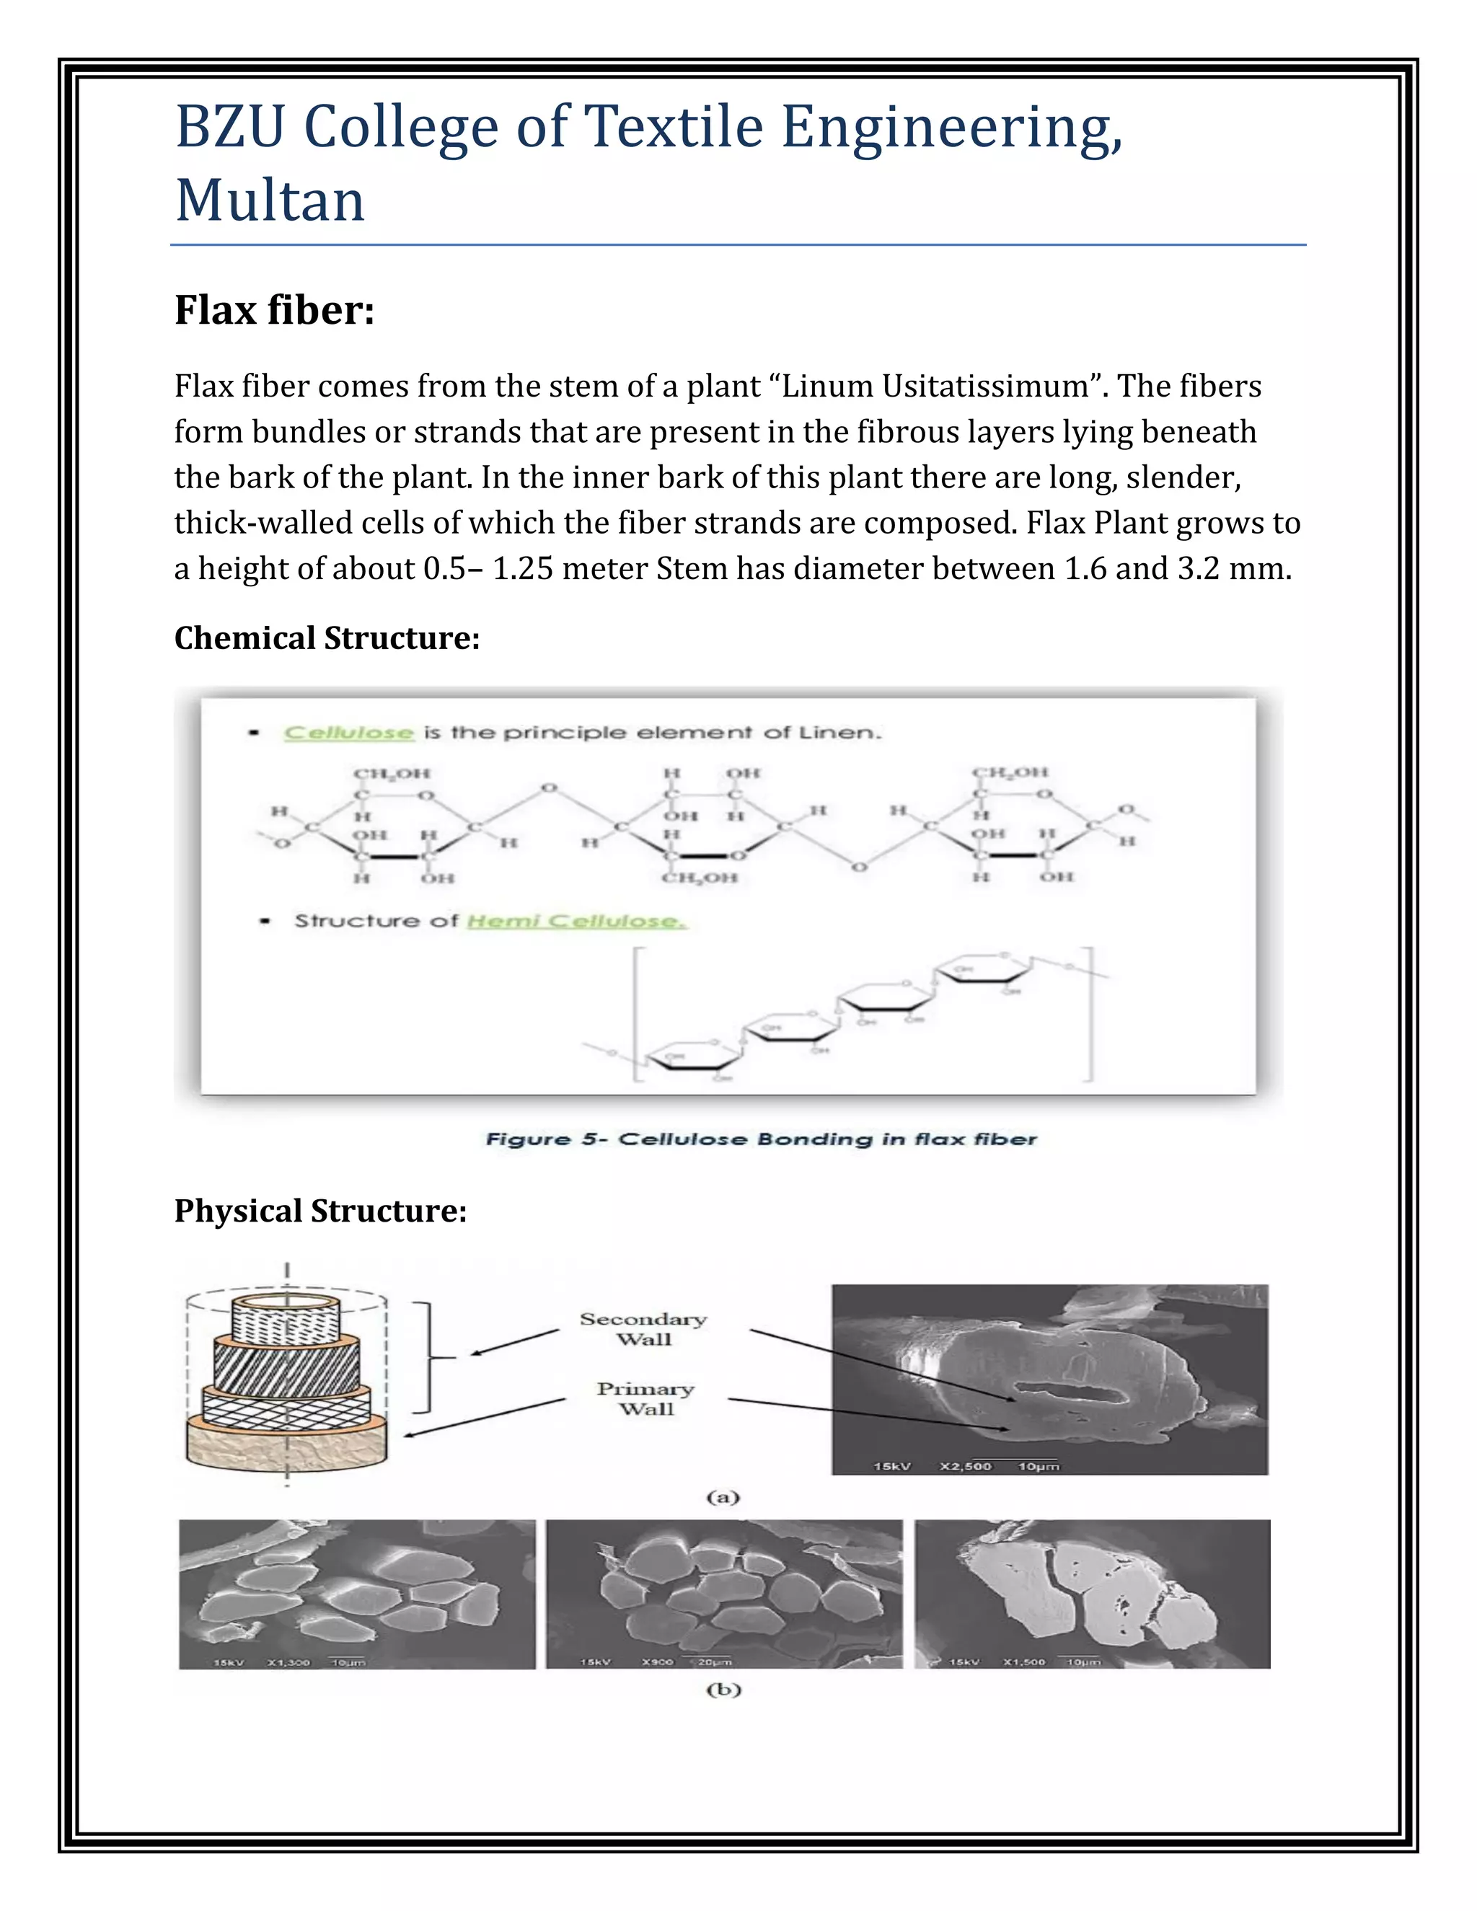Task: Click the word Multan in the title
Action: [270, 200]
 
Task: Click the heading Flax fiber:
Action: [274, 310]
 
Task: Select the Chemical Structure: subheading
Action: [327, 638]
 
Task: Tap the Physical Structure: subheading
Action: [320, 1210]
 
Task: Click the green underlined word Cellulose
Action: [348, 733]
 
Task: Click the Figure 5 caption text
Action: [760, 1139]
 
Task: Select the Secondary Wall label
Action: [643, 1328]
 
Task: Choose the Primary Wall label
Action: [645, 1398]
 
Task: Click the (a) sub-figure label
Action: [723, 1497]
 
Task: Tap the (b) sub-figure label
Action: [723, 1690]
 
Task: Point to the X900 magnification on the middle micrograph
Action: [657, 1661]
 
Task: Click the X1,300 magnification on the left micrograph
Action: [288, 1661]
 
